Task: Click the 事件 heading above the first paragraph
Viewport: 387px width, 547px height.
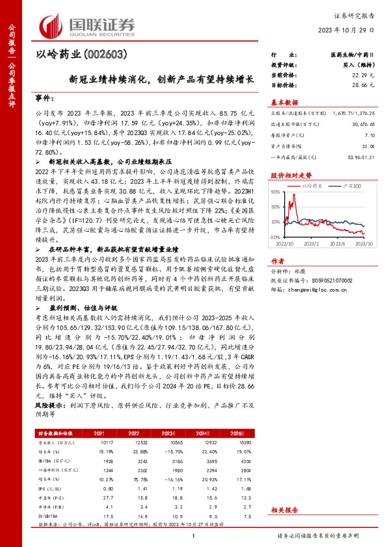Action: tap(45, 98)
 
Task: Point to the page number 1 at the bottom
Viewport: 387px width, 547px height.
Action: tap(194, 535)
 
